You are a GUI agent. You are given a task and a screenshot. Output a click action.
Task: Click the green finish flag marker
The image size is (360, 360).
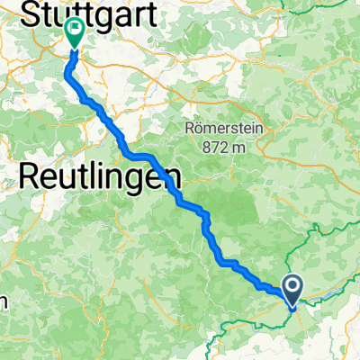[x=74, y=34]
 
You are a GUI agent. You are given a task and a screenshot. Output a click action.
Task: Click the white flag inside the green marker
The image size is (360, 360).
[x=74, y=31]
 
